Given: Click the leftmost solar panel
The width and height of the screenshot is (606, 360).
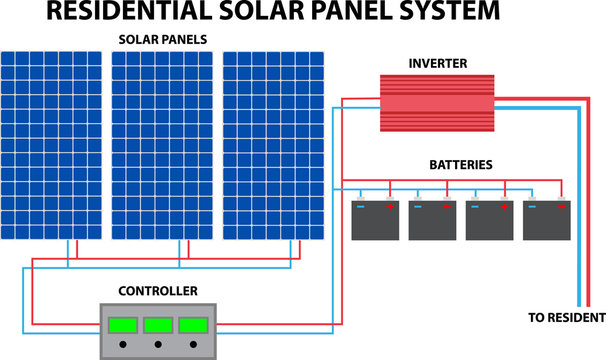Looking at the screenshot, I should [51, 145].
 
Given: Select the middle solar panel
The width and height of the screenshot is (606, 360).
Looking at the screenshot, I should [162, 145].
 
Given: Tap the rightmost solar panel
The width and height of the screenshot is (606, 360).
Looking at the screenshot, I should [273, 145].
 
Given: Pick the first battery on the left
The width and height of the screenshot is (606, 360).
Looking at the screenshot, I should [375, 221].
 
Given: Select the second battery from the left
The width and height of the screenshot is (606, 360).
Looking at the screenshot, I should [432, 221].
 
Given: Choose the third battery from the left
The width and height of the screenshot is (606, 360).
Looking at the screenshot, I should [489, 221].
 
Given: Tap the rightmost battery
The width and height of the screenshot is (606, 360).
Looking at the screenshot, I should [546, 221].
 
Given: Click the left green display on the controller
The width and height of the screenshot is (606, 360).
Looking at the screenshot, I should [123, 324].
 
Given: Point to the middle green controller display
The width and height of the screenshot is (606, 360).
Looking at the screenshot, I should [158, 324].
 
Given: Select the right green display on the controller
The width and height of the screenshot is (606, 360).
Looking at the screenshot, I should [193, 324].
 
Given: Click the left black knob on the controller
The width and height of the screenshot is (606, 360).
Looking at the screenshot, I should [123, 345].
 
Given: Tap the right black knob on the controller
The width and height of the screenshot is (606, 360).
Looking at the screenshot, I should [193, 345].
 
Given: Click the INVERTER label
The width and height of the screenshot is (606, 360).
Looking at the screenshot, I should [436, 62].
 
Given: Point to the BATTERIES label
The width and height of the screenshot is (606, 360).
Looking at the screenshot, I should [460, 164].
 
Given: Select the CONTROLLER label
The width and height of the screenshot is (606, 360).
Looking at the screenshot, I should [158, 291].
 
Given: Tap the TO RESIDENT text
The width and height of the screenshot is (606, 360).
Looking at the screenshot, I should [566, 317].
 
